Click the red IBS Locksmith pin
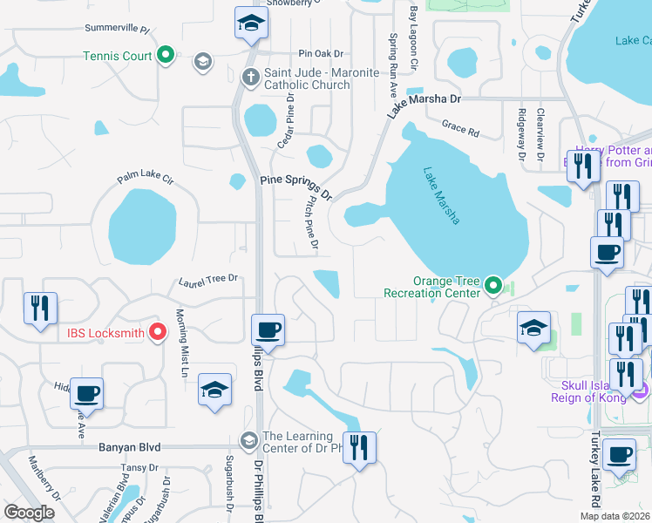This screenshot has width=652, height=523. pyautogui.click(x=158, y=331)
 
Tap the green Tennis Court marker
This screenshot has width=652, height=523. pyautogui.click(x=166, y=57)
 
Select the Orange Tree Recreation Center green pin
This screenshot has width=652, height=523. pyautogui.click(x=494, y=284)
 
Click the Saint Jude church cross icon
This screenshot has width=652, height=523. pyautogui.click(x=250, y=77)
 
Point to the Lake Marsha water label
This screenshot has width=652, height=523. pyautogui.click(x=441, y=196)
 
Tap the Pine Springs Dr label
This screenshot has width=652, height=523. pyautogui.click(x=296, y=187)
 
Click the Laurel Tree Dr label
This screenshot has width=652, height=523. pyautogui.click(x=208, y=279)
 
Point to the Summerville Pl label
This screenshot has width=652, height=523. pyautogui.click(x=117, y=29)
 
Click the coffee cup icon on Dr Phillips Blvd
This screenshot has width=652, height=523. pyautogui.click(x=268, y=330)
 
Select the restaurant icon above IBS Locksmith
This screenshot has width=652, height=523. pyautogui.click(x=40, y=309)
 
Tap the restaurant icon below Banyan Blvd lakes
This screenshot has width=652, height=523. pyautogui.click(x=359, y=447)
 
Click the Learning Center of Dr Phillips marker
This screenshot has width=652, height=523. pyautogui.click(x=250, y=441)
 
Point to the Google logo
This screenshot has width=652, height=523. pyautogui.click(x=29, y=513)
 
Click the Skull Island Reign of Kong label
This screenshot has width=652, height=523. pyautogui.click(x=594, y=391)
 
